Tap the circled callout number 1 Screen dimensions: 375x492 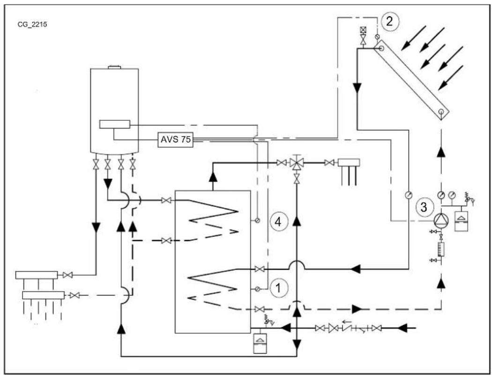(x=278, y=289)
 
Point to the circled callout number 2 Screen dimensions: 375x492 (x=389, y=21)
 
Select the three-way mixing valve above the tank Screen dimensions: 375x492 (x=297, y=163)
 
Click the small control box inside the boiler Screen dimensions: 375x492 (x=114, y=125)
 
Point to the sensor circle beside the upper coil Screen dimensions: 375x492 (x=257, y=221)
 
